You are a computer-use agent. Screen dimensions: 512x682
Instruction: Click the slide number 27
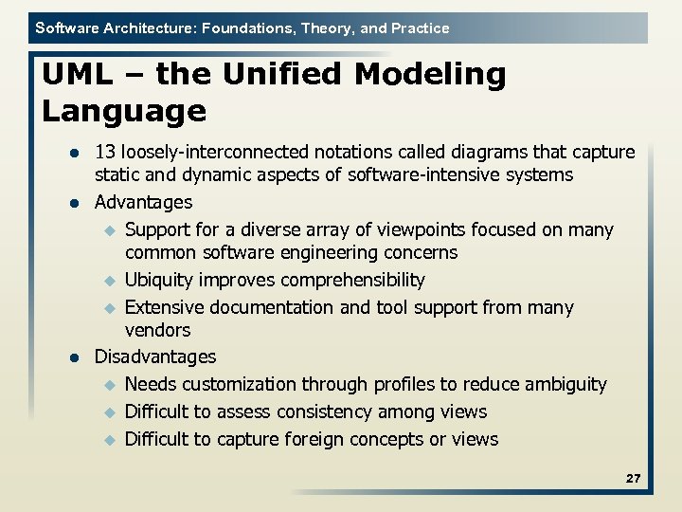(633, 479)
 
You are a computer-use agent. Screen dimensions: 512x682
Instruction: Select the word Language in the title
(124, 112)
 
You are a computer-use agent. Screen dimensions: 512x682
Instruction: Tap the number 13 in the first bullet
(105, 152)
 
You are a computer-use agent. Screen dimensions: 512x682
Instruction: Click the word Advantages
(143, 202)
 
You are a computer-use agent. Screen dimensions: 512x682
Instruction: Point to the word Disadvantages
(155, 357)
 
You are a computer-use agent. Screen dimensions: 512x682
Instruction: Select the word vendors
(157, 330)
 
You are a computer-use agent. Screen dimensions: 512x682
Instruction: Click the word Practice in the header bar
(418, 28)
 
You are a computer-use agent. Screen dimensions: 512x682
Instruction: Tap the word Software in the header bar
(66, 28)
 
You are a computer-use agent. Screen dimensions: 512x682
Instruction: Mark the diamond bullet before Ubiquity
(109, 281)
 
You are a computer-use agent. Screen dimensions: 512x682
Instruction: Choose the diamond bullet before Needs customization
(109, 385)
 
